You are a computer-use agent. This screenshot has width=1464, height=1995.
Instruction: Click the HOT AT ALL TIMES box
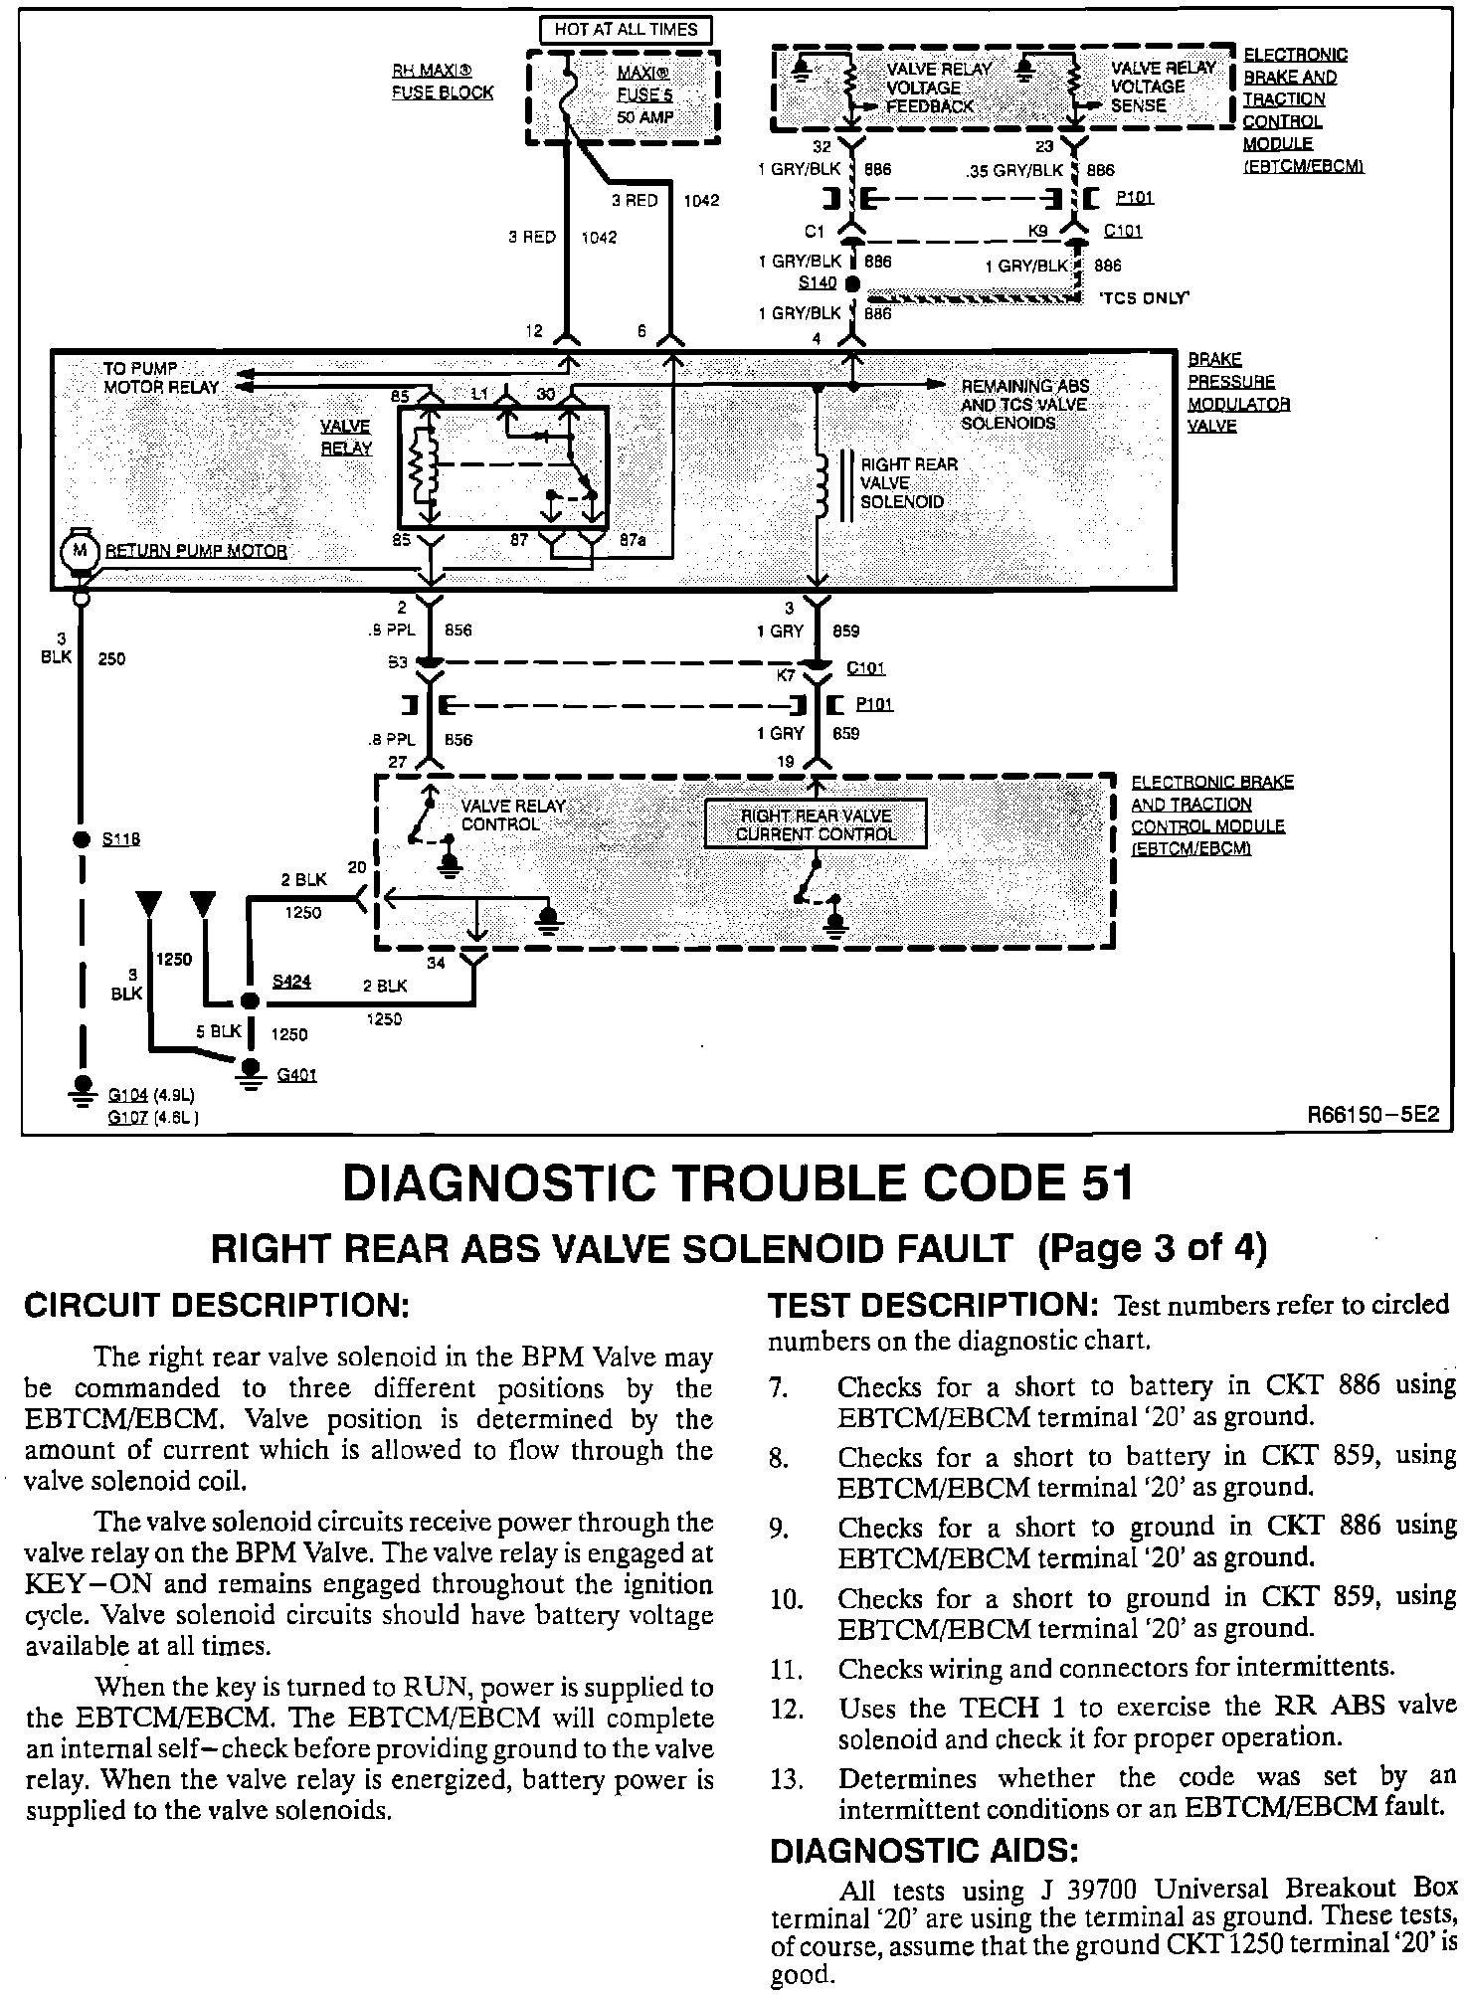pyautogui.click(x=626, y=30)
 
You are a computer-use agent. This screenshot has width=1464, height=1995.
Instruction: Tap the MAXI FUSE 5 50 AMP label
pyautogui.click(x=644, y=95)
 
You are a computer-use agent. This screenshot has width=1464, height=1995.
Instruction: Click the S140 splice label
pyautogui.click(x=818, y=283)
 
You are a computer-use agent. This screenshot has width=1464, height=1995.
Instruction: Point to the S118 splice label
pyautogui.click(x=121, y=839)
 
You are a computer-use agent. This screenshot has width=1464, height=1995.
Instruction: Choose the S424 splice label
pyautogui.click(x=291, y=982)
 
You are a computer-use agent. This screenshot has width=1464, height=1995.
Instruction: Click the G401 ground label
pyautogui.click(x=296, y=1075)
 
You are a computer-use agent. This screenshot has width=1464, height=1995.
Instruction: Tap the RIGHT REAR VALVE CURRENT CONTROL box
pyautogui.click(x=816, y=824)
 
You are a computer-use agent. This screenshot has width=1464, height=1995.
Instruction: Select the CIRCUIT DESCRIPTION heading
pyautogui.click(x=216, y=1306)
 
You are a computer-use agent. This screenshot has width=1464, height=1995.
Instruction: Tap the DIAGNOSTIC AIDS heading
pyautogui.click(x=924, y=1851)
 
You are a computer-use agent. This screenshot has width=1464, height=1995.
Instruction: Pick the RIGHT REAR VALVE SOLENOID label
pyautogui.click(x=909, y=482)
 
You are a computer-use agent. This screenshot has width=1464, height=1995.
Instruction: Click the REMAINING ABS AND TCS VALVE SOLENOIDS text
pyautogui.click(x=1024, y=404)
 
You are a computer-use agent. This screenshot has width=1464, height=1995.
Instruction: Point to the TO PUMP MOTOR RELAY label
pyautogui.click(x=160, y=377)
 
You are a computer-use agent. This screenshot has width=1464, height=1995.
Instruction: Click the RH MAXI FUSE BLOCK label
pyautogui.click(x=442, y=83)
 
